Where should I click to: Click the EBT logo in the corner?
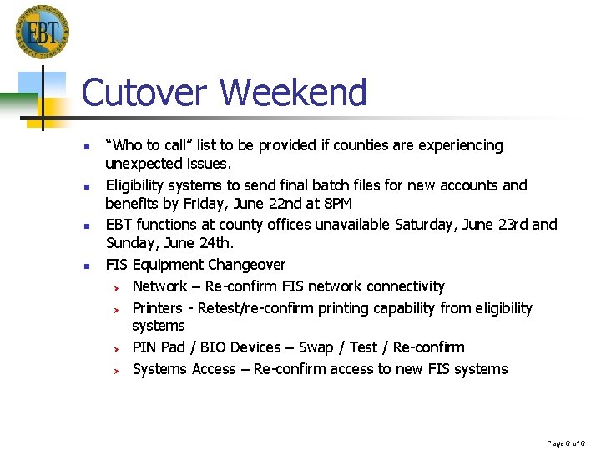[x=42, y=32]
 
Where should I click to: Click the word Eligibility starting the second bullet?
[x=137, y=185]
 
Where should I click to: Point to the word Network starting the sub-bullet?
[x=159, y=286]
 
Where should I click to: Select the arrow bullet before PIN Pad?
[x=119, y=348]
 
